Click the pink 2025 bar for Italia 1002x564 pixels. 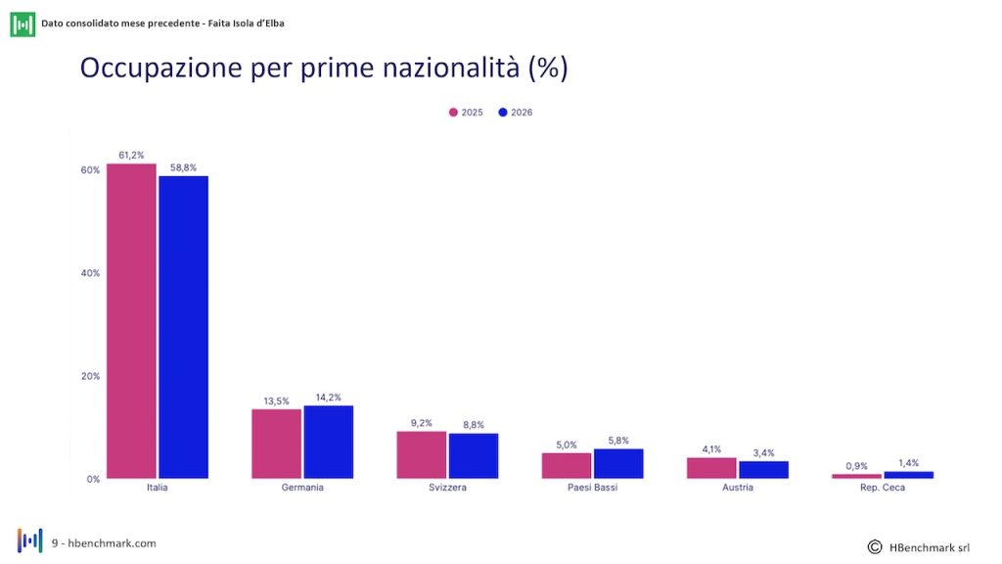click(x=131, y=321)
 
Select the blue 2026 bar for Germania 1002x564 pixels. click(x=329, y=442)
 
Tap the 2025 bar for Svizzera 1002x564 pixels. click(x=421, y=454)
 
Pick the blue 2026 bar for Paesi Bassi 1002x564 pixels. click(x=618, y=463)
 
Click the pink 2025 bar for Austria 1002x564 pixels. click(x=711, y=468)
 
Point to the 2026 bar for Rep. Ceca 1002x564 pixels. click(x=909, y=475)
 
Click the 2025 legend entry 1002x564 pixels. click(x=466, y=113)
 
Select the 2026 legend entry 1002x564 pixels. click(x=515, y=113)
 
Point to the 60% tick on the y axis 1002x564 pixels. click(x=90, y=170)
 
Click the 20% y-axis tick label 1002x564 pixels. click(x=90, y=376)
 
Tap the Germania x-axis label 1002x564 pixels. click(x=302, y=488)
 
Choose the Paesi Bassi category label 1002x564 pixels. click(x=592, y=488)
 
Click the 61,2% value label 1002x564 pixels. click(x=131, y=156)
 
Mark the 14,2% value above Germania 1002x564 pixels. click(x=329, y=398)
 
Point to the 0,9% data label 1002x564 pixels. click(x=856, y=466)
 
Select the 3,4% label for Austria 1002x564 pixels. click(x=763, y=452)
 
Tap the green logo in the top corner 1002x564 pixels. click(x=23, y=24)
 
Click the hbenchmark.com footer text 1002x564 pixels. click(x=112, y=543)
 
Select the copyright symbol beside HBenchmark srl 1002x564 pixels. click(x=875, y=546)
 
